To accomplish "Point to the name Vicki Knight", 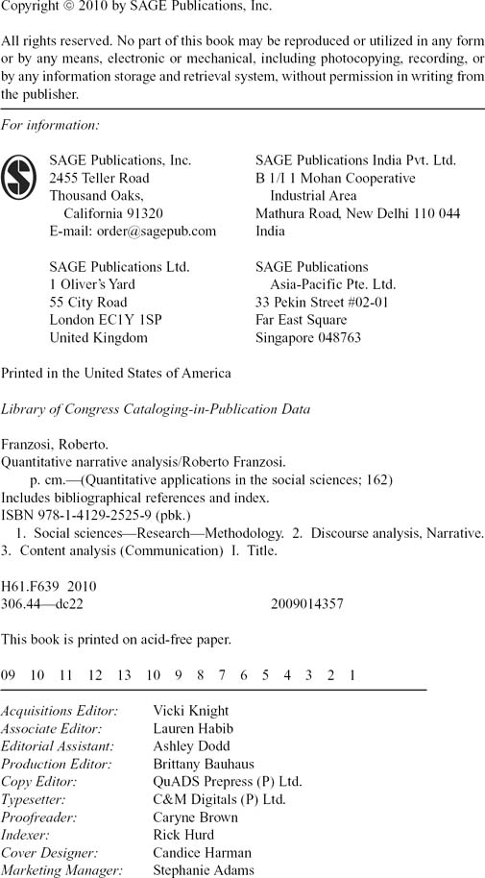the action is tap(191, 711).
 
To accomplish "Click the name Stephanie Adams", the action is tap(204, 870).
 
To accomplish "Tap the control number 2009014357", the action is tap(307, 604).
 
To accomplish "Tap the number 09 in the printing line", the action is tap(9, 675).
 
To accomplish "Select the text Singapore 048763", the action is tap(308, 338).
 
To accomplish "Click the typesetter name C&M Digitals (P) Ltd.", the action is tap(219, 799).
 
